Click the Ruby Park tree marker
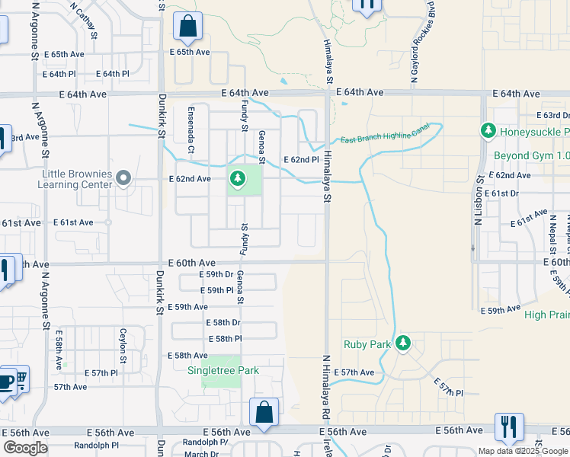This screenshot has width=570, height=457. [402, 344]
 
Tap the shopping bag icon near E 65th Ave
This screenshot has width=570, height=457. [187, 27]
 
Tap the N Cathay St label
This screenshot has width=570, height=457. [85, 20]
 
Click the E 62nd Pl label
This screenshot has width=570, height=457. [301, 160]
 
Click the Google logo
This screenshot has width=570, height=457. [25, 448]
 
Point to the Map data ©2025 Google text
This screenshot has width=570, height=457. [523, 451]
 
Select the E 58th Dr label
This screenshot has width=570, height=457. [223, 322]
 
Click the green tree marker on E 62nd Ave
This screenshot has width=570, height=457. [237, 180]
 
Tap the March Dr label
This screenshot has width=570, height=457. [201, 454]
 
